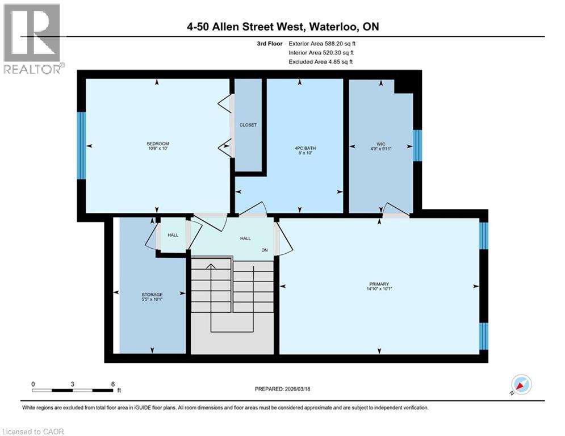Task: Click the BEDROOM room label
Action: coord(158,144)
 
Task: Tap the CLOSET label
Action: coord(248,125)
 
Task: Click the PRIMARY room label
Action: coord(379,284)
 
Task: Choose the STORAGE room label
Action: coord(152,295)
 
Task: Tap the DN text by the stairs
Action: coord(264,250)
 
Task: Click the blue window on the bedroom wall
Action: coord(81,145)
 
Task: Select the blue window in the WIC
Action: coord(417,146)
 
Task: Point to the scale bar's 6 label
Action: coord(112,384)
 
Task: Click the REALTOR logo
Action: coord(33,39)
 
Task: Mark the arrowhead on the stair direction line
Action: coord(211,266)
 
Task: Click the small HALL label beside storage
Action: coord(173,234)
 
